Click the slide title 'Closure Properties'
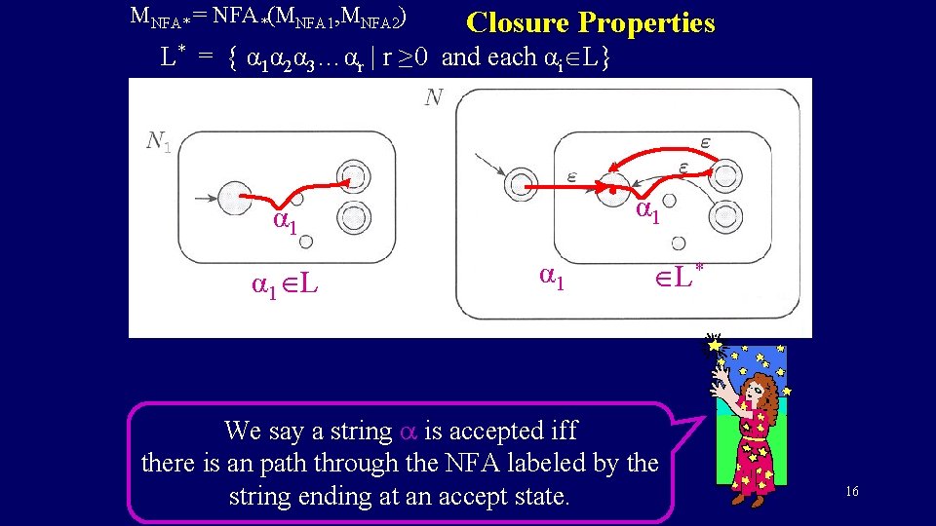(590, 22)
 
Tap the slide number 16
(851, 492)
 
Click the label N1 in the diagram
(158, 142)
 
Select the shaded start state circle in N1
(235, 200)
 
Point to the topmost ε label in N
(705, 143)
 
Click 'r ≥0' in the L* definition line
(407, 56)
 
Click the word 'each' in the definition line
(512, 56)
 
